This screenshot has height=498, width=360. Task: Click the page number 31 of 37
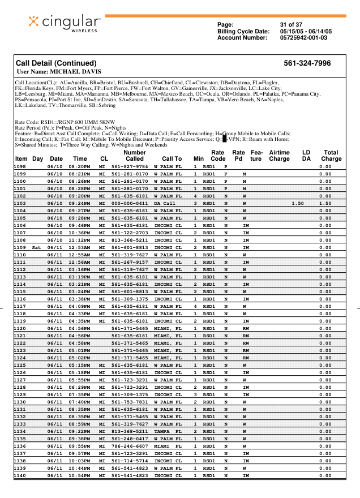pyautogui.click(x=291, y=25)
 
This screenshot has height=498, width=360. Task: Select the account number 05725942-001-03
pyautogui.click(x=304, y=38)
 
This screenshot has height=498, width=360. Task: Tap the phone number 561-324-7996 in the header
pyautogui.click(x=307, y=63)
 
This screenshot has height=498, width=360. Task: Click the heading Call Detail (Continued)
pyautogui.click(x=56, y=63)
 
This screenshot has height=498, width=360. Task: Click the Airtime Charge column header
pyautogui.click(x=279, y=156)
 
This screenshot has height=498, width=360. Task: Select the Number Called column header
pyautogui.click(x=134, y=156)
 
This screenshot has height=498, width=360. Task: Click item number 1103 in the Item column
pyautogui.click(x=20, y=203)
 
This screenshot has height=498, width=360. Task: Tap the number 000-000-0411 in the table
pyautogui.click(x=130, y=203)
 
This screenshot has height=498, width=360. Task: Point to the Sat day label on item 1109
pyautogui.click(x=37, y=247)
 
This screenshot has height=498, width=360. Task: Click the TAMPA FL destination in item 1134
pyautogui.click(x=168, y=431)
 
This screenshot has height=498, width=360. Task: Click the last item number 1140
pyautogui.click(x=20, y=475)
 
